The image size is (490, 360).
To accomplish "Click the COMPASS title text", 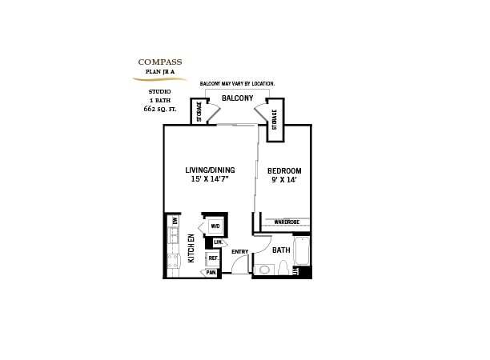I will tap(160, 62).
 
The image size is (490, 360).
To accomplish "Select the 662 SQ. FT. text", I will tap(160, 107).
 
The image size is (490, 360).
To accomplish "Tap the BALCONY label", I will tap(238, 99).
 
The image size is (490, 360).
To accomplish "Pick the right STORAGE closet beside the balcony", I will tap(275, 121).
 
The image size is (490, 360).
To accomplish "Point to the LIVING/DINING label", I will tap(210, 170).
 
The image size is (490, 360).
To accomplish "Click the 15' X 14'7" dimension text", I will tap(210, 180).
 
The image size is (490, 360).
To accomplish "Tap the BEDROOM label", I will tap(284, 171).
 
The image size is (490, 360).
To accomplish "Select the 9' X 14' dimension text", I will tap(284, 181).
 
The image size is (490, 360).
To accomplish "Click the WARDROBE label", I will tap(286, 222).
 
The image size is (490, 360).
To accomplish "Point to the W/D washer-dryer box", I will tap(215, 226).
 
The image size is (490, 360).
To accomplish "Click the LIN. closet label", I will tap(218, 242).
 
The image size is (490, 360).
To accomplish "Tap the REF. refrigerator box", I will tap(213, 258).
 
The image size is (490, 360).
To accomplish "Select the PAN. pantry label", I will tap(211, 273).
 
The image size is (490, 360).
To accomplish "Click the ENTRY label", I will tap(239, 253).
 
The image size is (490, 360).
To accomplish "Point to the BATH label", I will tap(281, 250).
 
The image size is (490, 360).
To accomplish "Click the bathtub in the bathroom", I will tap(302, 251).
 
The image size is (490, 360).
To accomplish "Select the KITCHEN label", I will tap(191, 249).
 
